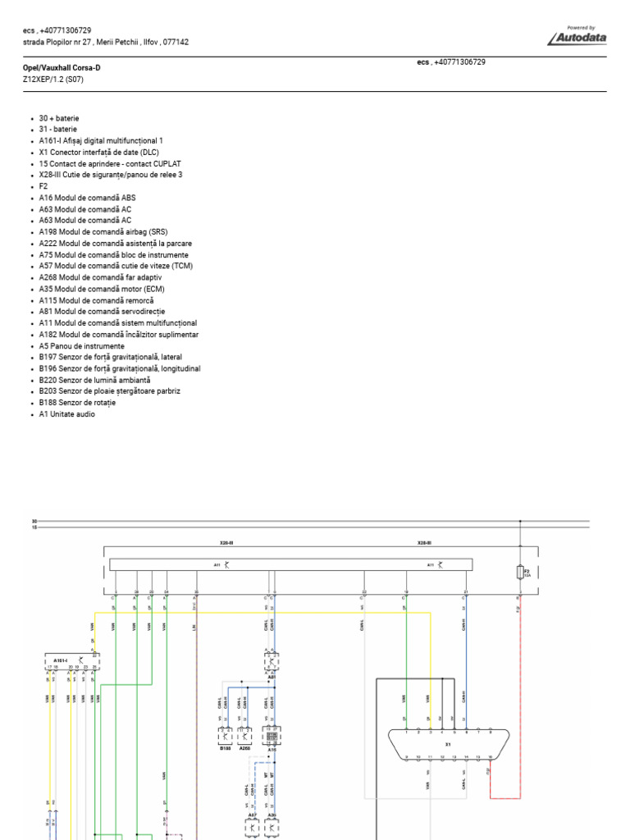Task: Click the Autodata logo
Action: tap(583, 35)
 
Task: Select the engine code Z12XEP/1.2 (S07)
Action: tap(52, 80)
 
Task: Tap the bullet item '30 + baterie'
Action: tap(59, 118)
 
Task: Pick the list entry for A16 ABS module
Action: tap(87, 198)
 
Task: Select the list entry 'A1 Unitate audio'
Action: tap(66, 414)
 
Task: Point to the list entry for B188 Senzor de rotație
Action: tap(77, 403)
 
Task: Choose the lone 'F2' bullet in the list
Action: tap(43, 186)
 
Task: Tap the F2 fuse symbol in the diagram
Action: tap(520, 571)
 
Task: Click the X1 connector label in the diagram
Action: tap(448, 745)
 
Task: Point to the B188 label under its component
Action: tap(226, 748)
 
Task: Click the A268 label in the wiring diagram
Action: tap(244, 748)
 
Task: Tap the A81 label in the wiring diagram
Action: tap(272, 677)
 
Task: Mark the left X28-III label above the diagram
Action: tap(227, 543)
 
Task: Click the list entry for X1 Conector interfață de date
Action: tap(98, 153)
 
